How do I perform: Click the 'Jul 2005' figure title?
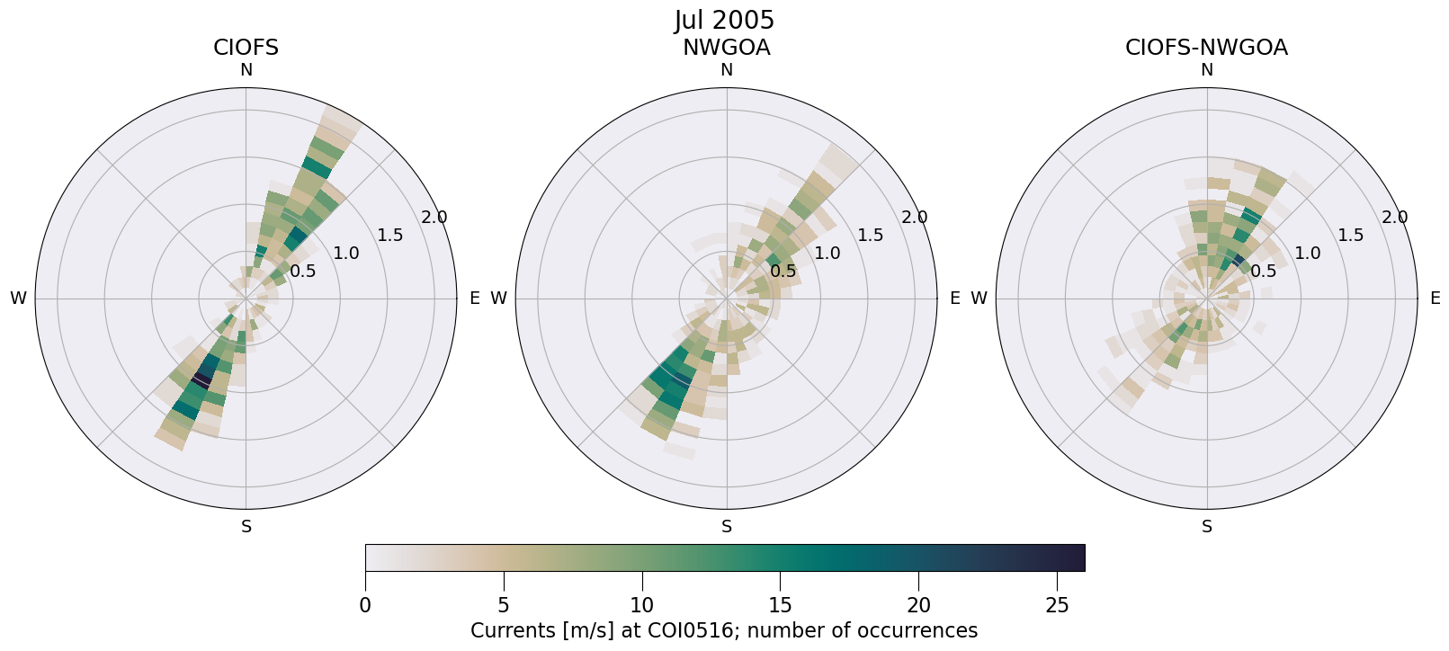tap(724, 20)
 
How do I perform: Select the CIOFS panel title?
tap(246, 48)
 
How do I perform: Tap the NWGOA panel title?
tap(726, 48)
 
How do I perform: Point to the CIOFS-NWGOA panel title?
tap(1206, 48)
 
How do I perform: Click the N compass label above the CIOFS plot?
tap(246, 70)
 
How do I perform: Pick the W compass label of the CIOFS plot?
tap(18, 299)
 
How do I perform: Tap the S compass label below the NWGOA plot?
tap(726, 527)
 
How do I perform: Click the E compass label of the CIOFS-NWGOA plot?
tap(1435, 299)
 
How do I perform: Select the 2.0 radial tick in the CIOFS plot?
tap(434, 218)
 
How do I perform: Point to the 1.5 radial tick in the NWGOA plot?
tap(870, 236)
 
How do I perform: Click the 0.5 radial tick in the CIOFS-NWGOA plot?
tap(1263, 271)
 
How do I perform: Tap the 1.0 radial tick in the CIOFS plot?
tap(346, 254)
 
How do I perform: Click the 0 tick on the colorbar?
tap(365, 605)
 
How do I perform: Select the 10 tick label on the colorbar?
tap(641, 605)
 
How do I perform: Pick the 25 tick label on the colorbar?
tap(1057, 605)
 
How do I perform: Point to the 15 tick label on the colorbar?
tap(780, 605)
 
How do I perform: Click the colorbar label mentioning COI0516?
tap(724, 630)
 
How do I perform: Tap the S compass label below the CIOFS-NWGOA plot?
tap(1206, 527)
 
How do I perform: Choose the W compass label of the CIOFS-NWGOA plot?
tap(979, 299)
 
